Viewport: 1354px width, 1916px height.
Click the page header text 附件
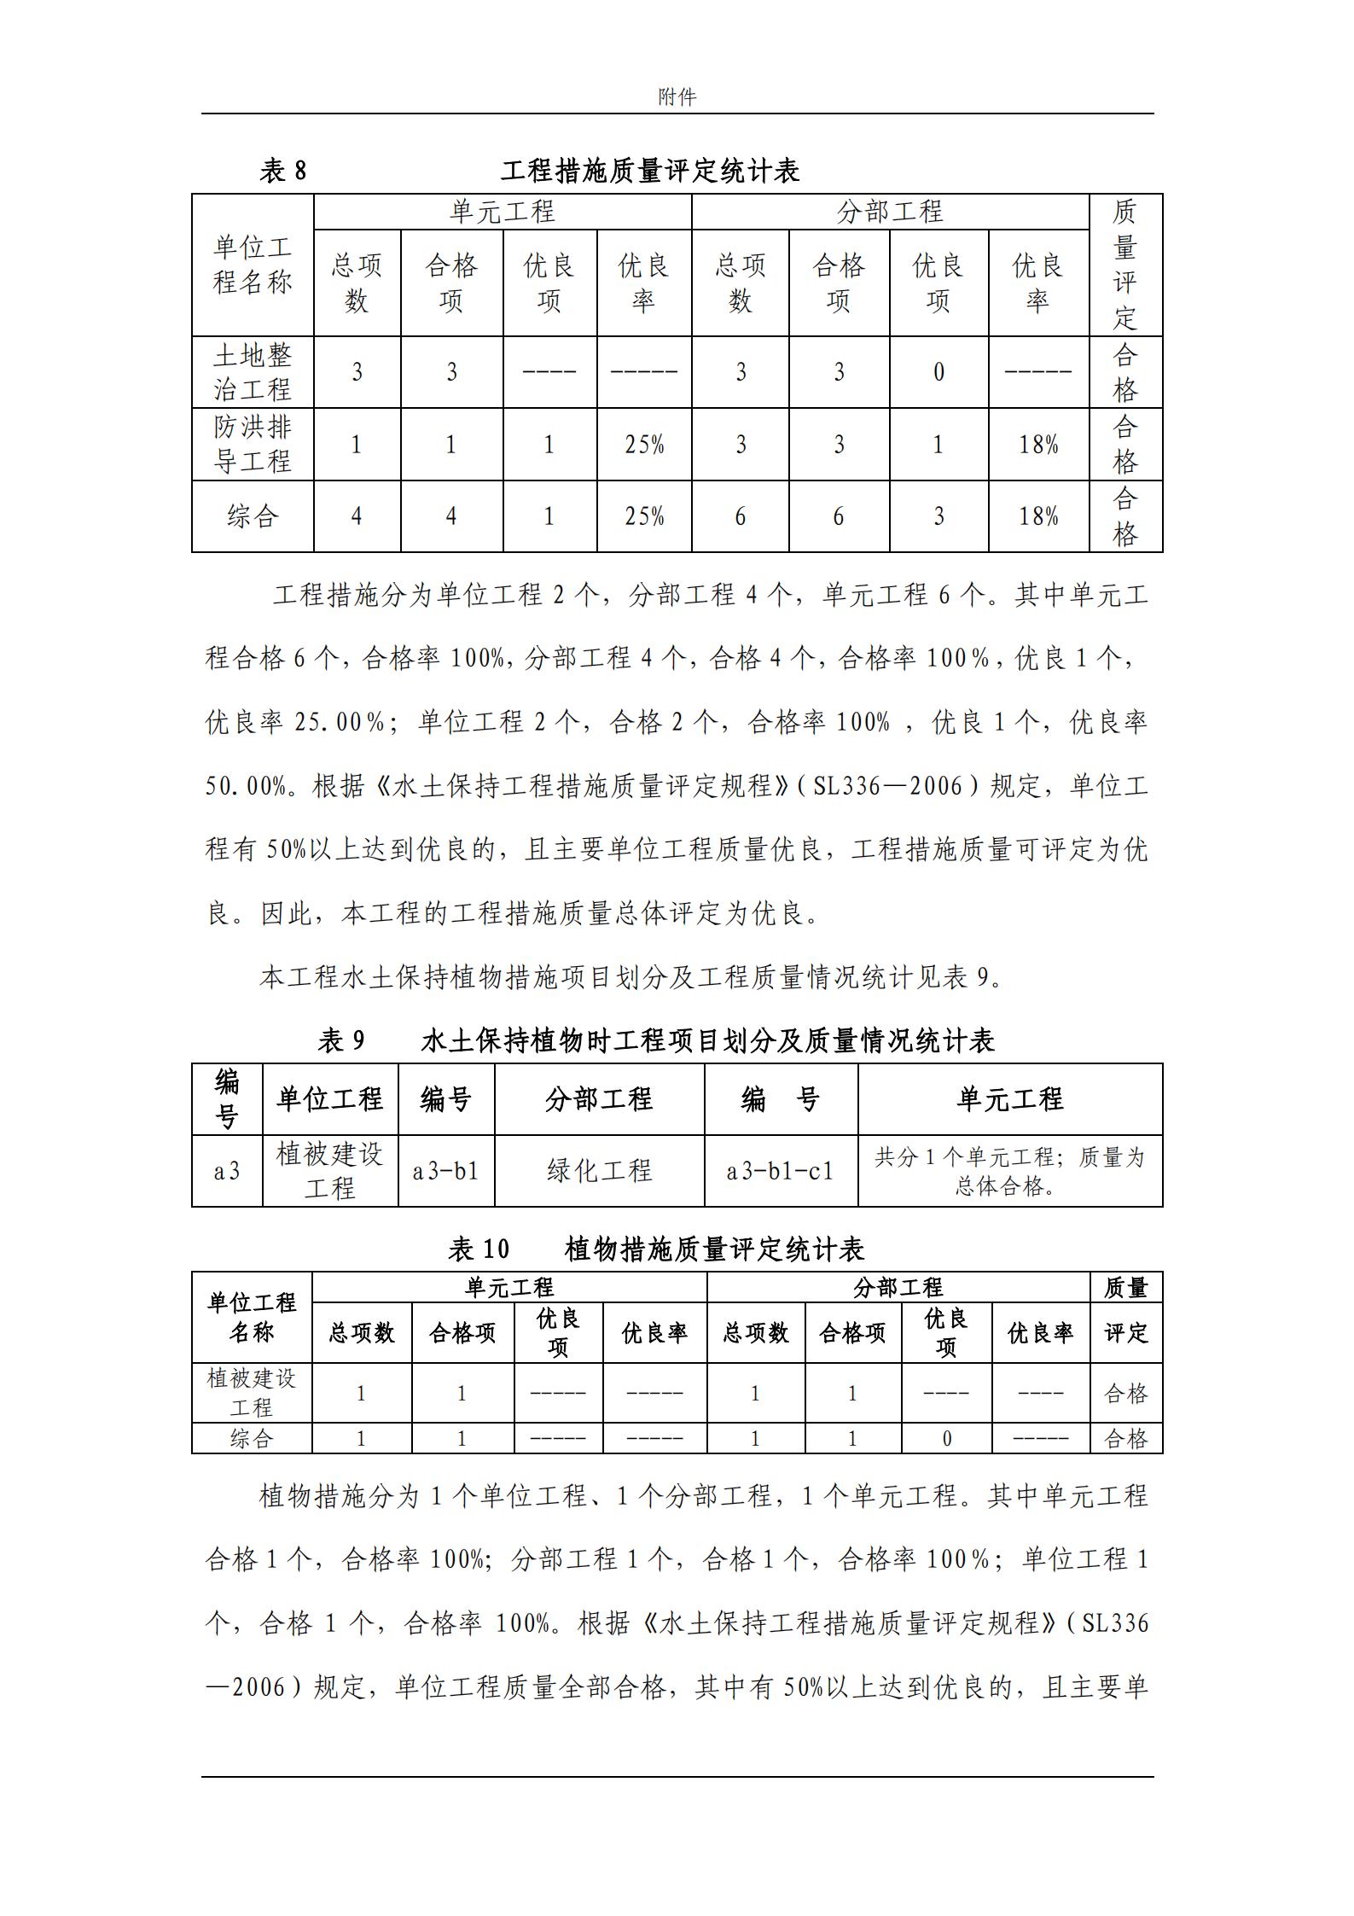pos(677,97)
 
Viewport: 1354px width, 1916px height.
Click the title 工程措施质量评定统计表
pos(650,171)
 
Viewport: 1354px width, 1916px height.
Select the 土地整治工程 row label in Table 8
pos(253,372)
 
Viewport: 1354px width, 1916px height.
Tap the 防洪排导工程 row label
pos(253,444)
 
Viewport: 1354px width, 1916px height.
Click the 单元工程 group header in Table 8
pos(502,212)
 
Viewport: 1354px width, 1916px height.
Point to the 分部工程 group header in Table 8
pos(889,212)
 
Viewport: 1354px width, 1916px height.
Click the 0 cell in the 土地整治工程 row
pos(939,372)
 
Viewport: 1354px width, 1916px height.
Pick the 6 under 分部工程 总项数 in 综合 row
pos(740,516)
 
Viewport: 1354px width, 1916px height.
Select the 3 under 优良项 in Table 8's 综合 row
pos(939,516)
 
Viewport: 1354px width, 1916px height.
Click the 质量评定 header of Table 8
pos(1124,265)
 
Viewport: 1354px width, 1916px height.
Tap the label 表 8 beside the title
pos(282,171)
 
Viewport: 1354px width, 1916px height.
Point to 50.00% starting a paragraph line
pos(246,786)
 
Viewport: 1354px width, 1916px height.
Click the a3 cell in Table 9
pos(227,1171)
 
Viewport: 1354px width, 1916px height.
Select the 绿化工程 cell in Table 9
pos(599,1170)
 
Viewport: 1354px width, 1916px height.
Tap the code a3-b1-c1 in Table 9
pos(780,1171)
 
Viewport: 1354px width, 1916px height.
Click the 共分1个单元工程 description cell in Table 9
pos(1009,1170)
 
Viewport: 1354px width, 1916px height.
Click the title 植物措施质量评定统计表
pos(714,1249)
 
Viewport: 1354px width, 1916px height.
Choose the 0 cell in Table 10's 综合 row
pos(946,1439)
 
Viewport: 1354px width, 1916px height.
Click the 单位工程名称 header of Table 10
pos(252,1317)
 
